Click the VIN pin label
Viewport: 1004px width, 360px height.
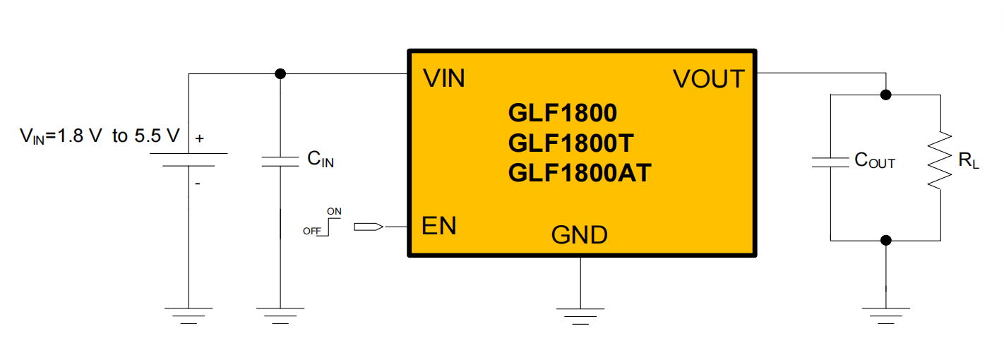click(x=443, y=78)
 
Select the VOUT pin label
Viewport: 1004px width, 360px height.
click(x=709, y=79)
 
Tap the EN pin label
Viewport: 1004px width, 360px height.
click(x=438, y=225)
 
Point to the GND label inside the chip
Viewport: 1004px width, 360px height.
click(x=579, y=235)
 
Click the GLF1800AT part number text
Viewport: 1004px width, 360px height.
click(x=580, y=173)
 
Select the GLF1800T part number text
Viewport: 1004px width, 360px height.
click(x=570, y=143)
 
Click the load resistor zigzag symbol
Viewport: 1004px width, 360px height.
click(x=940, y=160)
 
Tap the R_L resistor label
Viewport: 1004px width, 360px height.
click(x=969, y=160)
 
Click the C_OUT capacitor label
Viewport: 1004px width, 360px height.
click(x=875, y=160)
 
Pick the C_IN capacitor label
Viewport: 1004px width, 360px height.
click(x=321, y=159)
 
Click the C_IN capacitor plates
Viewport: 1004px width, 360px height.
click(x=280, y=162)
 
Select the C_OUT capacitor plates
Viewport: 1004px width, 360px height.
click(x=830, y=162)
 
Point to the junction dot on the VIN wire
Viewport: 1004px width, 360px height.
click(x=280, y=73)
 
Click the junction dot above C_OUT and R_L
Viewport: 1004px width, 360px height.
click(x=885, y=95)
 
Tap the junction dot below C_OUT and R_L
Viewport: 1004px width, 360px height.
click(x=885, y=240)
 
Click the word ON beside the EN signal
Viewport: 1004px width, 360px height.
click(x=334, y=211)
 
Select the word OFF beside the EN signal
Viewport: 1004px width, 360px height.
click(x=312, y=231)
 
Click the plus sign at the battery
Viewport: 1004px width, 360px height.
click(x=199, y=138)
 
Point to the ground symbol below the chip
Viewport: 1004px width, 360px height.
click(x=580, y=316)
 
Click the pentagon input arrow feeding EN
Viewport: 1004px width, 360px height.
click(x=369, y=227)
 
